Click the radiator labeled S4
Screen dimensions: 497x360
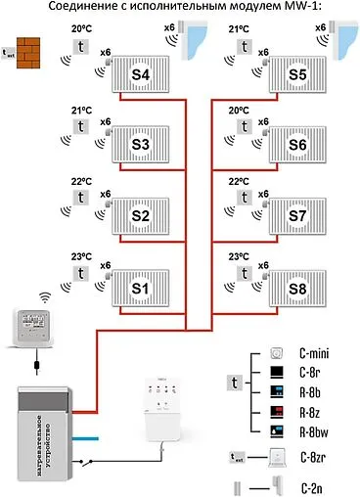[140, 74]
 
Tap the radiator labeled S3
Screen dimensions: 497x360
[140, 145]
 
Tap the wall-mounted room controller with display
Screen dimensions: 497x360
[35, 323]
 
